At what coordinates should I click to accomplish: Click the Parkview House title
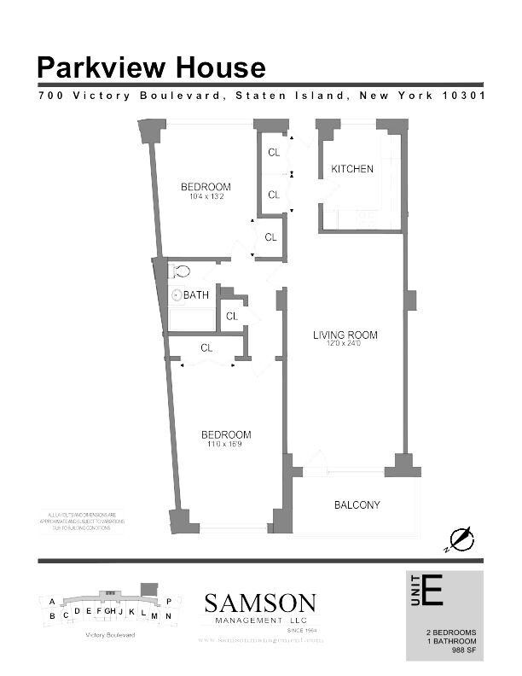(x=151, y=67)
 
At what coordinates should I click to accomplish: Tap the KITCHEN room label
(x=352, y=169)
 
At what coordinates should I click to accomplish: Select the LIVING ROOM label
(x=344, y=335)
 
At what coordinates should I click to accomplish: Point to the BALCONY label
(x=357, y=505)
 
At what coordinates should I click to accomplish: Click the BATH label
(x=195, y=295)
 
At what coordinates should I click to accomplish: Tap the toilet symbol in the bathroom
(x=179, y=271)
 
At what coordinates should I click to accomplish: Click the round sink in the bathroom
(x=177, y=295)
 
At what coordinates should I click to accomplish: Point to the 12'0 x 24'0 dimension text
(x=344, y=344)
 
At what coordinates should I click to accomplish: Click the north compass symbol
(x=461, y=539)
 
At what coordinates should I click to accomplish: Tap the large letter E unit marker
(x=432, y=591)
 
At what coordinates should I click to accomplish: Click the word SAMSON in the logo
(x=260, y=603)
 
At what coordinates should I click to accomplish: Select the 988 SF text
(x=464, y=650)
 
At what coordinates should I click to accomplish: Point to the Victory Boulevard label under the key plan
(x=110, y=635)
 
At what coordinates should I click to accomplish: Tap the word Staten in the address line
(x=263, y=96)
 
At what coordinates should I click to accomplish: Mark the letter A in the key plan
(x=52, y=601)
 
